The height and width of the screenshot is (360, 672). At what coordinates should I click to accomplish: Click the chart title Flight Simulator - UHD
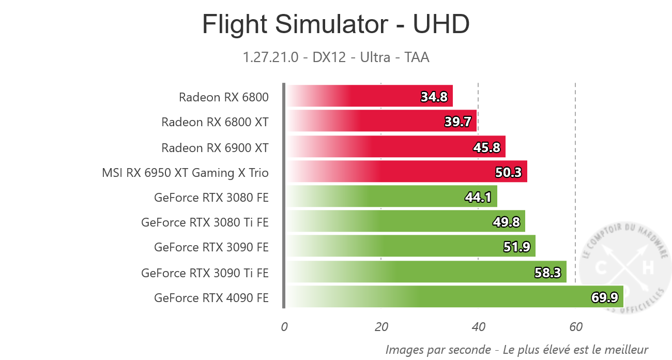pos(335,24)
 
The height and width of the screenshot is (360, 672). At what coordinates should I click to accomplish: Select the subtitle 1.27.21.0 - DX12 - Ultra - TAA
pos(335,57)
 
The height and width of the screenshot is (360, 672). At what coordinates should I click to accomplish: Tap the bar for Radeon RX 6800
pos(369,96)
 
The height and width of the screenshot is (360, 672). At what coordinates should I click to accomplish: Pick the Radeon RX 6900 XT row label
pos(215,147)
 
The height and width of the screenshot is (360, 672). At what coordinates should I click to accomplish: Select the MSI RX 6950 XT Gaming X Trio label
pos(186,173)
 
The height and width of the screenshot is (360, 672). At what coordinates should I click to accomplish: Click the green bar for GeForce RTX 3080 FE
pos(391,197)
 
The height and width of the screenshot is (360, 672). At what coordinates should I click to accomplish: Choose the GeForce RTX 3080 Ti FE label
pos(205,222)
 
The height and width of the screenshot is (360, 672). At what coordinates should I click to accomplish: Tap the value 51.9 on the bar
pos(517,247)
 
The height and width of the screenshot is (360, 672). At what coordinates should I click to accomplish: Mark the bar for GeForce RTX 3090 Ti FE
pos(426,272)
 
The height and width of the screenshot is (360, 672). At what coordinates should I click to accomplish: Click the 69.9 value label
pos(604,297)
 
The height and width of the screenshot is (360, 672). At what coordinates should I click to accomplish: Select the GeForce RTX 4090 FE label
pos(211,298)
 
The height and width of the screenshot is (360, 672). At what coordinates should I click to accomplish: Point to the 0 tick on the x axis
pos(284,327)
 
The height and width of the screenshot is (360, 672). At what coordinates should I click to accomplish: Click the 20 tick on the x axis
pos(381,327)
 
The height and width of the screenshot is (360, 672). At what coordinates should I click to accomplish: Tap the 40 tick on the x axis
pos(478,327)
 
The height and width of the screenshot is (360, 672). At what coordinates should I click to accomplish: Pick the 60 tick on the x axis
pos(575,327)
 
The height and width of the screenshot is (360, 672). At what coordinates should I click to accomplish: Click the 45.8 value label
pos(487,147)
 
